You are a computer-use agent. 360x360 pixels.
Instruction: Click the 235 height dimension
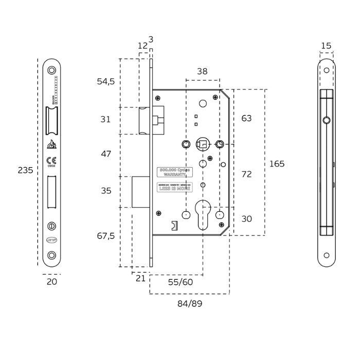pos(26,170)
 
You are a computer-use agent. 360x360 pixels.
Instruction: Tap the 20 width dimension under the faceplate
pos(52,281)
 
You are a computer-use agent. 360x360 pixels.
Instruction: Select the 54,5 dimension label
pos(105,81)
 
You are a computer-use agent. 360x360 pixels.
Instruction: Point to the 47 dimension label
pos(105,154)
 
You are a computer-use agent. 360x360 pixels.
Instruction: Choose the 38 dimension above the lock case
pos(202,71)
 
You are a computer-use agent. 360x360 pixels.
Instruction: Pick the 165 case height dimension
pos(277,164)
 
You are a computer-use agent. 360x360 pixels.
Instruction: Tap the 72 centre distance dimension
pos(246,174)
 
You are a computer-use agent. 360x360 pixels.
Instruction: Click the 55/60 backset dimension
pos(180,283)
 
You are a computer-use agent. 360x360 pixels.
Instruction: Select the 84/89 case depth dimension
pos(190,303)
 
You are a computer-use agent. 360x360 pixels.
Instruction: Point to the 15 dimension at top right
pos(326,46)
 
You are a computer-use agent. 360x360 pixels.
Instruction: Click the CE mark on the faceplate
pos(51,160)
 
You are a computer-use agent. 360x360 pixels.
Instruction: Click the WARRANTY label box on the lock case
pos(174,172)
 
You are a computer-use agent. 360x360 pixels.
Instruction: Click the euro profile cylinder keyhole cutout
pos(203,215)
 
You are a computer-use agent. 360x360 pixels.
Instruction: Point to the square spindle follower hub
pos(203,143)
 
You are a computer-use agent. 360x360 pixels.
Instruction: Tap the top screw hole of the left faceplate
pos(51,70)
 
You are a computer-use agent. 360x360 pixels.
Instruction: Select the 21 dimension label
pos(140,278)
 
